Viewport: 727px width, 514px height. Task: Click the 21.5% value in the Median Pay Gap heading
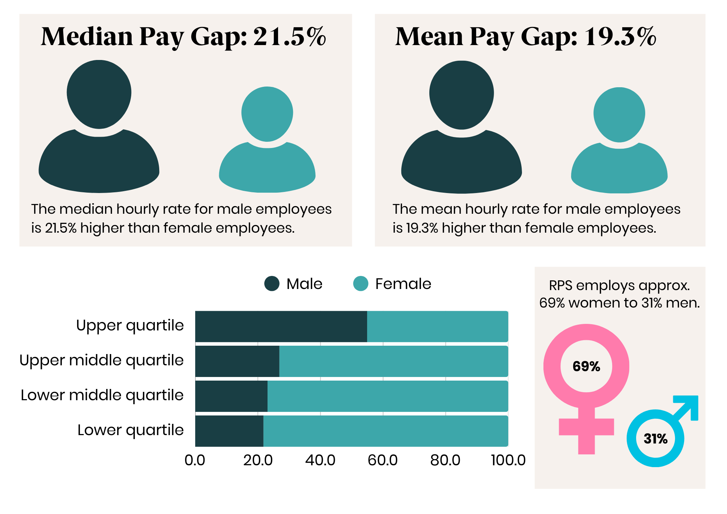289,37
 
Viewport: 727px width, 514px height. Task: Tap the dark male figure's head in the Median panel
99,94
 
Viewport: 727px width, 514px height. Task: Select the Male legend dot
272,284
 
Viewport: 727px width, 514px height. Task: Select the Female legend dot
361,284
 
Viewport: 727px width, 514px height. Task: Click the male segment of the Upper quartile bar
281,326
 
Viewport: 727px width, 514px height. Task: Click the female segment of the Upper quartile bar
437,326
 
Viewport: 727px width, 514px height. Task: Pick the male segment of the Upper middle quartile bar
237,361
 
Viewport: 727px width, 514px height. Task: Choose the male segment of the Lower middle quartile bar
231,396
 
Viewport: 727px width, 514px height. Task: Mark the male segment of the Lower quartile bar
229,431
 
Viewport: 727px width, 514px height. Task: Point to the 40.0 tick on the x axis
320,460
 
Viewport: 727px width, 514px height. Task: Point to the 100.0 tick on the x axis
508,460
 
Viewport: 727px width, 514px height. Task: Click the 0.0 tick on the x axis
195,460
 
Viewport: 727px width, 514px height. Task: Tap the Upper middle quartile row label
101,360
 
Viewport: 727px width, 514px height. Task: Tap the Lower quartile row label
130,430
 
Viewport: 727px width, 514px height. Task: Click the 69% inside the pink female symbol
586,366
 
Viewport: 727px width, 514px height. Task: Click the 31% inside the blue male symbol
655,439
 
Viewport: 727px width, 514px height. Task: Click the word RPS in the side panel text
561,286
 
